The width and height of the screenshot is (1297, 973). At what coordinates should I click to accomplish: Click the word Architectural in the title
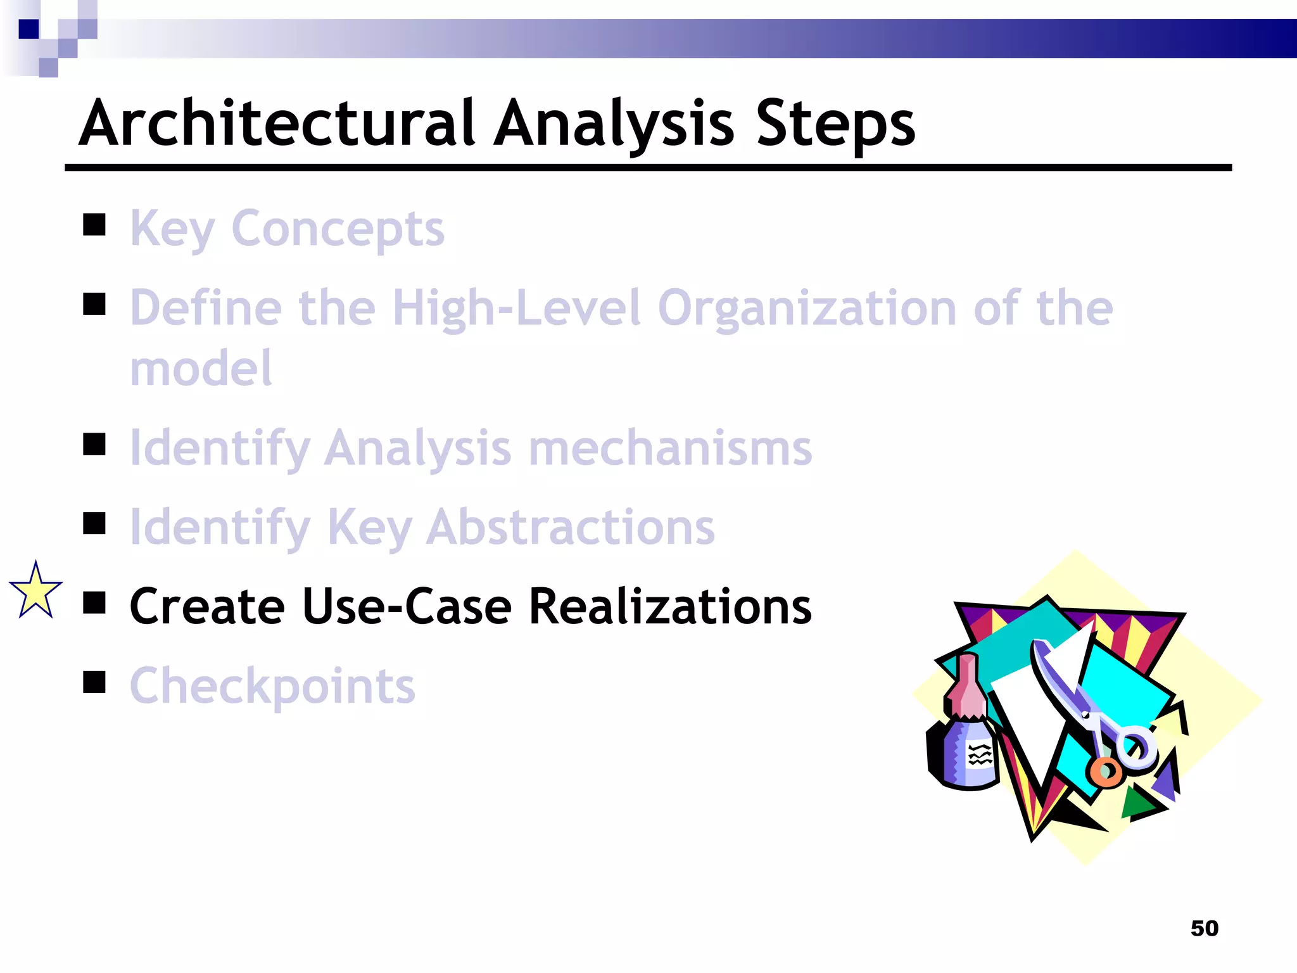pyautogui.click(x=277, y=124)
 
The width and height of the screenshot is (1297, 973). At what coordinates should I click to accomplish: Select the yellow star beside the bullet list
pyautogui.click(x=36, y=592)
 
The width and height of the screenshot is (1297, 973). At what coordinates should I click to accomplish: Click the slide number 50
pyautogui.click(x=1204, y=928)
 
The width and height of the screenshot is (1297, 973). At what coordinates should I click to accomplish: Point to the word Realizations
pyautogui.click(x=669, y=606)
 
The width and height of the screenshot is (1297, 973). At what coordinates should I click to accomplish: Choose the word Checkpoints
pyautogui.click(x=272, y=686)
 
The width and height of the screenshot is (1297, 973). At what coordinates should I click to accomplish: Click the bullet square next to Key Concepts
pyautogui.click(x=94, y=224)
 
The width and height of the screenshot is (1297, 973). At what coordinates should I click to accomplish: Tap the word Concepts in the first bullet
pyautogui.click(x=338, y=229)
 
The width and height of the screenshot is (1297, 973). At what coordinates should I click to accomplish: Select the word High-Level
pyautogui.click(x=516, y=308)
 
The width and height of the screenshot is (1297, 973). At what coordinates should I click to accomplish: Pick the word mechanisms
pyautogui.click(x=669, y=448)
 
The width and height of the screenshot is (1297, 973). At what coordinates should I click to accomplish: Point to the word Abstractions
pyautogui.click(x=570, y=527)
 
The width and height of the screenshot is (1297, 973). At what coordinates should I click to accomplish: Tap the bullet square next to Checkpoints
pyautogui.click(x=94, y=682)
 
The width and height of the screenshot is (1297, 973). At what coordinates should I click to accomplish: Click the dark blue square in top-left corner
pyautogui.click(x=28, y=29)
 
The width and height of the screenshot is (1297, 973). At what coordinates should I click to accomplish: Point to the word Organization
pyautogui.click(x=806, y=308)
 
